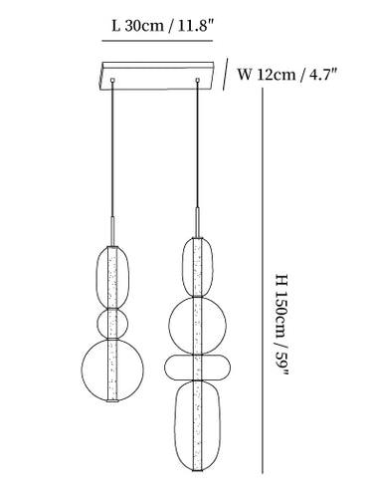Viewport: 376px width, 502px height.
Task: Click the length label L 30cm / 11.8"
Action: pyautogui.click(x=161, y=26)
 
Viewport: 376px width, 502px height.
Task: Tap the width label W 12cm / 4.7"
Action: pyautogui.click(x=287, y=74)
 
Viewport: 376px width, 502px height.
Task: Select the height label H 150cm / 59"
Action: pyautogui.click(x=282, y=325)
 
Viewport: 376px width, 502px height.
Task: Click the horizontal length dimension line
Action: pyautogui.click(x=157, y=41)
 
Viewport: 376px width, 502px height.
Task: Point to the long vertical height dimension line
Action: pyautogui.click(x=263, y=281)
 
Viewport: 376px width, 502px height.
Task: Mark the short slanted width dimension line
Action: pyautogui.click(x=225, y=75)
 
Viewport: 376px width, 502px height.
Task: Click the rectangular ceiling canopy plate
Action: pyautogui.click(x=157, y=76)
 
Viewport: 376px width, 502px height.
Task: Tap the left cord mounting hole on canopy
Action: pyautogui.click(x=112, y=80)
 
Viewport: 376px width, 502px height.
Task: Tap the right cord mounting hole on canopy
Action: pyautogui.click(x=198, y=80)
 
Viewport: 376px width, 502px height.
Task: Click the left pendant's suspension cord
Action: pyautogui.click(x=112, y=149)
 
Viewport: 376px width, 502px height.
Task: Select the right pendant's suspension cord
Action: pyautogui.click(x=198, y=144)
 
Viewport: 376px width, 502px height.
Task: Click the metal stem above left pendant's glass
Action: pyautogui.click(x=112, y=231)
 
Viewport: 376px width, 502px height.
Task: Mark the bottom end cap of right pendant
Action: pyautogui.click(x=198, y=470)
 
